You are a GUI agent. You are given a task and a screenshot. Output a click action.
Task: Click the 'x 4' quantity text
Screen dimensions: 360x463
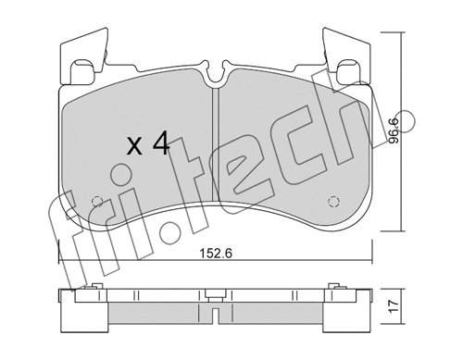[147, 144]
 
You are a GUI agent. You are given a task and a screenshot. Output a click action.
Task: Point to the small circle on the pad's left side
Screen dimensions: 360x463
[96, 204]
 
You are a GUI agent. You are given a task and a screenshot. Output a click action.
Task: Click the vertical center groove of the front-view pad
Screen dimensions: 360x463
[216, 148]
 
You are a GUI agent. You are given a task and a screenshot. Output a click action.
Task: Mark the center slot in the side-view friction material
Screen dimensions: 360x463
[216, 316]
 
